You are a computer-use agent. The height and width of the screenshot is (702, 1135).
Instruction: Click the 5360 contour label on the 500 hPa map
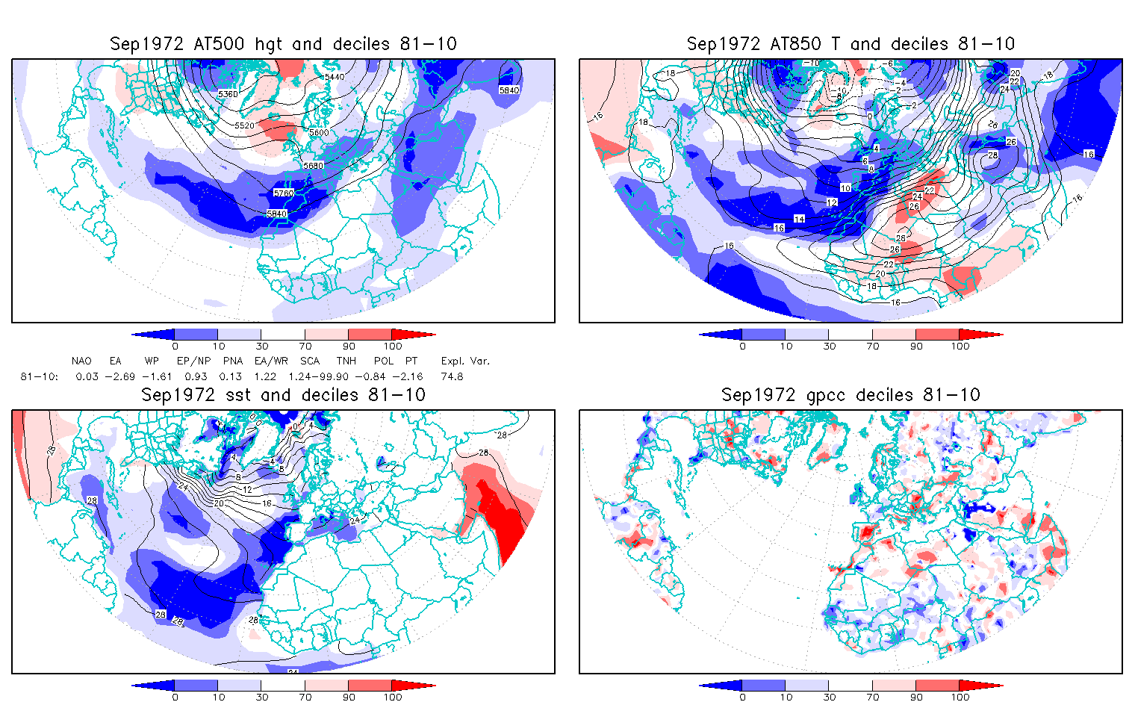[x=227, y=94]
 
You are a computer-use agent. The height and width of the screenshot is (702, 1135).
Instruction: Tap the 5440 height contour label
[x=334, y=77]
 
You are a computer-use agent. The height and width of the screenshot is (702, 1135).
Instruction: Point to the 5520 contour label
[x=245, y=125]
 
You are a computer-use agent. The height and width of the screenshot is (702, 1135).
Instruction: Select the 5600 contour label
[x=318, y=132]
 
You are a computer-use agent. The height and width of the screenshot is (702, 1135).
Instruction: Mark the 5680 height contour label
[x=314, y=165]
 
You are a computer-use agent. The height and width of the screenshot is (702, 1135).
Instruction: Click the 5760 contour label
[x=284, y=193]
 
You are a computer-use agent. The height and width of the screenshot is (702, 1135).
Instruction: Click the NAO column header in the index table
[x=81, y=361]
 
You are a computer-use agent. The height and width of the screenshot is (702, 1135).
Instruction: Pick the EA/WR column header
[x=266, y=361]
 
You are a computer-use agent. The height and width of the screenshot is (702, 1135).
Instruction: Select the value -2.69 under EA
[x=119, y=376]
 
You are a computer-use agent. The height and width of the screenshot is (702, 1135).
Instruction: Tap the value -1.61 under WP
[x=157, y=376]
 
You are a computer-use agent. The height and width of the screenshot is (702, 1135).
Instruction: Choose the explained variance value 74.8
[x=453, y=376]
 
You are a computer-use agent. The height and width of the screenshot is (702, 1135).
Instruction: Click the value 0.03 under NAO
[x=87, y=376]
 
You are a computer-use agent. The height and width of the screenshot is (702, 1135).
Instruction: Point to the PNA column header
[x=232, y=361]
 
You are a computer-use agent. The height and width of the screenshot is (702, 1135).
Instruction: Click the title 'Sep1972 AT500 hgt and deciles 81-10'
[x=283, y=44]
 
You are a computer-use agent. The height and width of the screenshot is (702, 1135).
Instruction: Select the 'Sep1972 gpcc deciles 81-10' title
[x=851, y=395]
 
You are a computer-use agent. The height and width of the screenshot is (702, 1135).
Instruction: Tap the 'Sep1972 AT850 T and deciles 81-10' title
[x=851, y=44]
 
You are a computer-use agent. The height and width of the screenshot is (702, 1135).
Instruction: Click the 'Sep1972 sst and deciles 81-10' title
[x=283, y=395]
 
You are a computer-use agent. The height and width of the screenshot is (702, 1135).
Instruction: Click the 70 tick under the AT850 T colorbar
[x=873, y=346]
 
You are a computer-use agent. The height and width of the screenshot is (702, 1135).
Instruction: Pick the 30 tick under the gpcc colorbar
[x=830, y=697]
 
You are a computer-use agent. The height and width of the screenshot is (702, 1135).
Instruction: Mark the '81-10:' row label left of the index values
[x=39, y=376]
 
